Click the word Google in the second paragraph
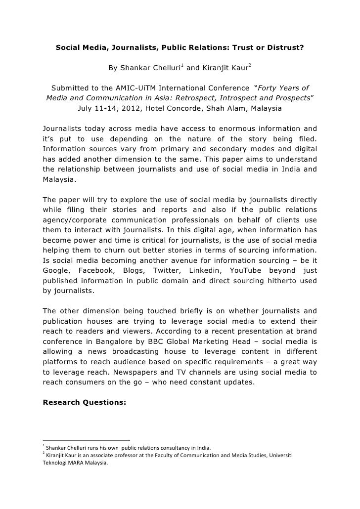pyautogui.click(x=57, y=270)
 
